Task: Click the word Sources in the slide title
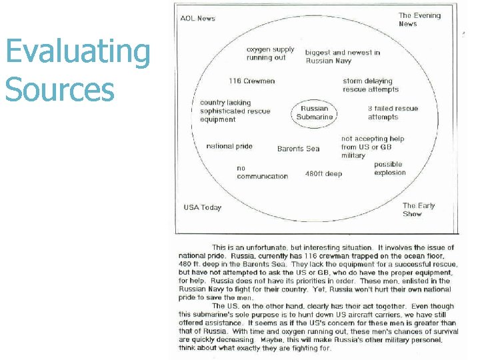[x=60, y=89]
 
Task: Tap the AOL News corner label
[x=198, y=18]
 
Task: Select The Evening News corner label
[x=419, y=19]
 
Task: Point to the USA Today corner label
[x=203, y=207]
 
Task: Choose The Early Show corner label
[x=419, y=209]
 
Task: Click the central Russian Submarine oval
[x=315, y=113]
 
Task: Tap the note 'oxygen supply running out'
[x=270, y=53]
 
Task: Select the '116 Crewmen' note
[x=251, y=81]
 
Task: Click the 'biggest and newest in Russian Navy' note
[x=343, y=57]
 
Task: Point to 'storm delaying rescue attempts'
[x=371, y=85]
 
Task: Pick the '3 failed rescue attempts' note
[x=393, y=113]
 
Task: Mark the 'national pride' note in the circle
[x=229, y=146]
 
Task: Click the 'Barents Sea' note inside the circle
[x=298, y=149]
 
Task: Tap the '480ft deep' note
[x=323, y=174]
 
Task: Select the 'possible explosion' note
[x=389, y=168]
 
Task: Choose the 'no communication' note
[x=262, y=172]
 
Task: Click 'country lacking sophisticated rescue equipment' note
[x=235, y=111]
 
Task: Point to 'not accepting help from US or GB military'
[x=372, y=147]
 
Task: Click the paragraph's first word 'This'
[x=219, y=247]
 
